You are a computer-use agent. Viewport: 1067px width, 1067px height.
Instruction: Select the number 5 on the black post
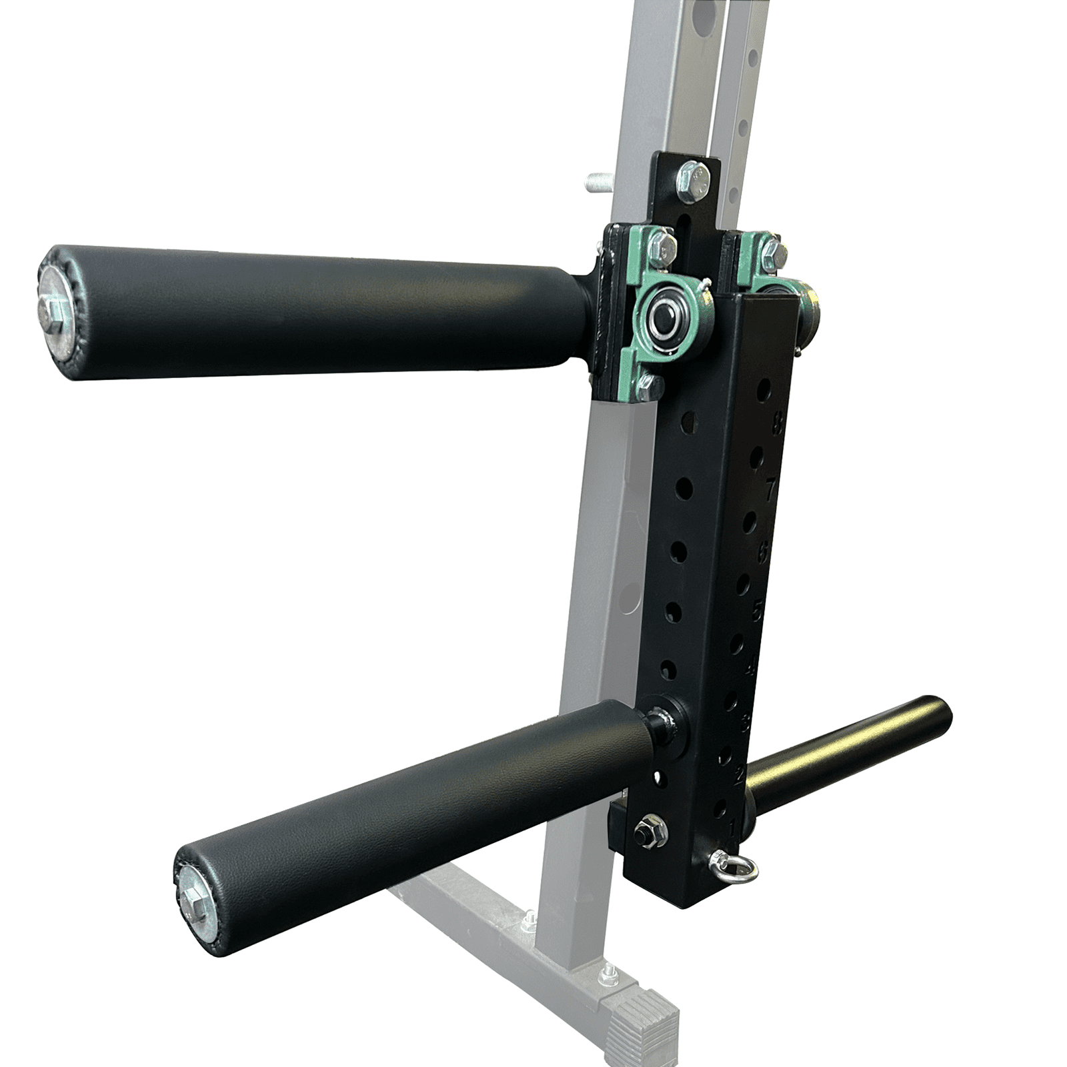coord(758,610)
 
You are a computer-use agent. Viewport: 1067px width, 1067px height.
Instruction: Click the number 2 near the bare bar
coord(739,776)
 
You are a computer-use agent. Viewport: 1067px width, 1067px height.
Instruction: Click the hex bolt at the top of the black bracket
coord(694,180)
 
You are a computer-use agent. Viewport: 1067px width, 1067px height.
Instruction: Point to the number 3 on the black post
coord(745,722)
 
